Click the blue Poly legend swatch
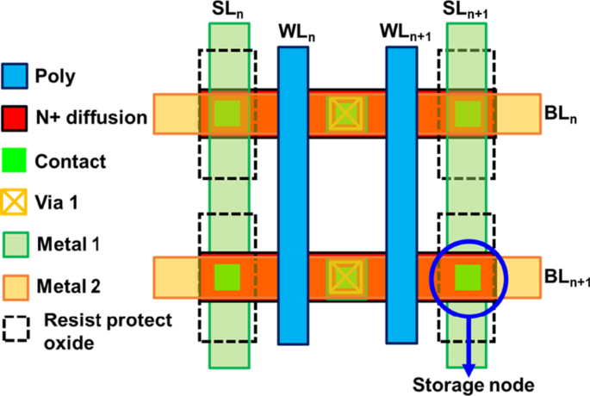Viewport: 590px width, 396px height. tap(15, 76)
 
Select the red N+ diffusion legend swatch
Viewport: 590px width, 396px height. tap(15, 117)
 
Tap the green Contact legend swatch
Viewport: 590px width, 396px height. tap(15, 158)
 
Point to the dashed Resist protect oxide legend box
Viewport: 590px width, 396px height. tap(15, 328)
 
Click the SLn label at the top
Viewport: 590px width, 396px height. tap(227, 13)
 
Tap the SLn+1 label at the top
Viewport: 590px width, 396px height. tap(467, 12)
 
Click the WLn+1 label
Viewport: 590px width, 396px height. tap(405, 32)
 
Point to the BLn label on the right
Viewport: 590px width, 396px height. tap(559, 114)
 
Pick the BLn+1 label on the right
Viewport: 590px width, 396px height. tap(564, 277)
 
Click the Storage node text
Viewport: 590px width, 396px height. tap(467, 384)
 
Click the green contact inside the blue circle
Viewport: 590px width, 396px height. tap(468, 277)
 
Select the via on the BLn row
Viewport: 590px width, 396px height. tap(345, 113)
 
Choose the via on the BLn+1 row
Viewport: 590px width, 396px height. tap(345, 277)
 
